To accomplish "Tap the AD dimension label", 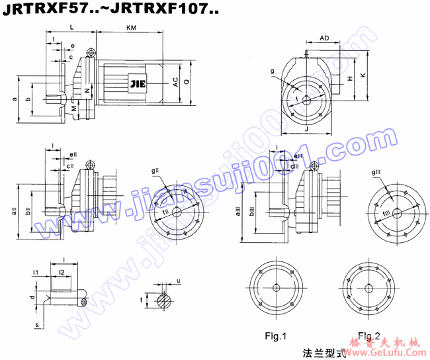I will click(324, 38).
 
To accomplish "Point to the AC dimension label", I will click(175, 82).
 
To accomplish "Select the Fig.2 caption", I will click(369, 334).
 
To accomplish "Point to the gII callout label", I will click(155, 171).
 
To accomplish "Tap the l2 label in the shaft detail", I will click(62, 272).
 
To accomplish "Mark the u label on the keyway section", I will click(178, 281).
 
